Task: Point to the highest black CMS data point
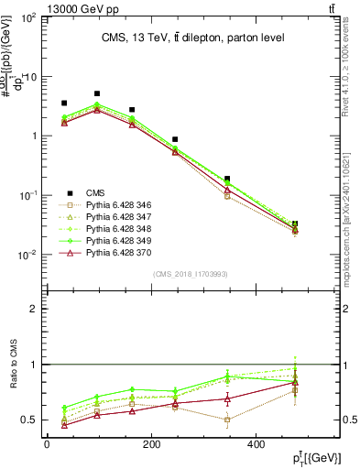(97, 93)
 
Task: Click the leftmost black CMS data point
(63, 104)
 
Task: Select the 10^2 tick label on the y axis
(28, 18)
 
